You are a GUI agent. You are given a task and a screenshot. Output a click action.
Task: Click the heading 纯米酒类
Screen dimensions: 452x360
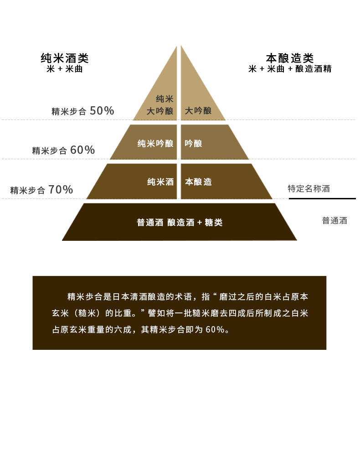click(x=65, y=58)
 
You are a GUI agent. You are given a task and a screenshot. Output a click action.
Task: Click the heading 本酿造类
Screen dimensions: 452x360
click(x=290, y=58)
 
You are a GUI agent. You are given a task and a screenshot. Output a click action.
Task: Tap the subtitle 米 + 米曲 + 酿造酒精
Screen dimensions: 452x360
click(x=290, y=69)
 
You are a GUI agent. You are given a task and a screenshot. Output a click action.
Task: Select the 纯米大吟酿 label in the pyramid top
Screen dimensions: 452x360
click(x=160, y=105)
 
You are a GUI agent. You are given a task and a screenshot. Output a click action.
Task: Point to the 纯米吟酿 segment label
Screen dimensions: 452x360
click(x=155, y=144)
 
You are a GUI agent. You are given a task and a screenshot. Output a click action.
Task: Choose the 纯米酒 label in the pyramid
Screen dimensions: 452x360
click(x=160, y=182)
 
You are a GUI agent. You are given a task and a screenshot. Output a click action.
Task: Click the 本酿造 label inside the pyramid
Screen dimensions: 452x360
click(x=198, y=182)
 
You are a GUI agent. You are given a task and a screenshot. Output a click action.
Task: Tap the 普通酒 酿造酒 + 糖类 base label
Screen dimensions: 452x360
click(x=180, y=223)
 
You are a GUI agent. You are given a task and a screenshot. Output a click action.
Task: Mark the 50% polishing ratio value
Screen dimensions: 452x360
click(x=102, y=111)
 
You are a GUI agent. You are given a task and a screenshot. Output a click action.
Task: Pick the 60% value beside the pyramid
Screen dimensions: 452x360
click(x=82, y=150)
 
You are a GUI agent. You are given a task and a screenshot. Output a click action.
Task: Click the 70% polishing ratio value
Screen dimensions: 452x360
click(x=61, y=190)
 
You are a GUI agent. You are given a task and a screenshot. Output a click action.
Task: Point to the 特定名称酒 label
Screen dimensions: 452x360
click(x=309, y=188)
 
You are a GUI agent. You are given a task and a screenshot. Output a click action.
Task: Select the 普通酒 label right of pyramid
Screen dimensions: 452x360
click(x=334, y=221)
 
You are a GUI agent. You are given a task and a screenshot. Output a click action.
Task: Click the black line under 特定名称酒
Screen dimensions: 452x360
click(x=322, y=198)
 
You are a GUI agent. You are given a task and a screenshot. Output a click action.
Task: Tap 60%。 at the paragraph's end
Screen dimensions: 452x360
click(x=218, y=329)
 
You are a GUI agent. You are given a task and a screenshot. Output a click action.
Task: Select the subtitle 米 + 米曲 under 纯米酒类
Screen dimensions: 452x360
click(x=65, y=69)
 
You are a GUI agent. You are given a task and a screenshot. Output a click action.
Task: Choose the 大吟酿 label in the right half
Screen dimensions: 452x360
click(x=198, y=111)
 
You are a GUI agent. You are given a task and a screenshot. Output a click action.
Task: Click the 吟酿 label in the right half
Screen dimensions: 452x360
click(x=193, y=144)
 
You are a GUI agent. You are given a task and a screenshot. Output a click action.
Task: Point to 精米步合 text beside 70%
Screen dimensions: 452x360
click(x=28, y=191)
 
